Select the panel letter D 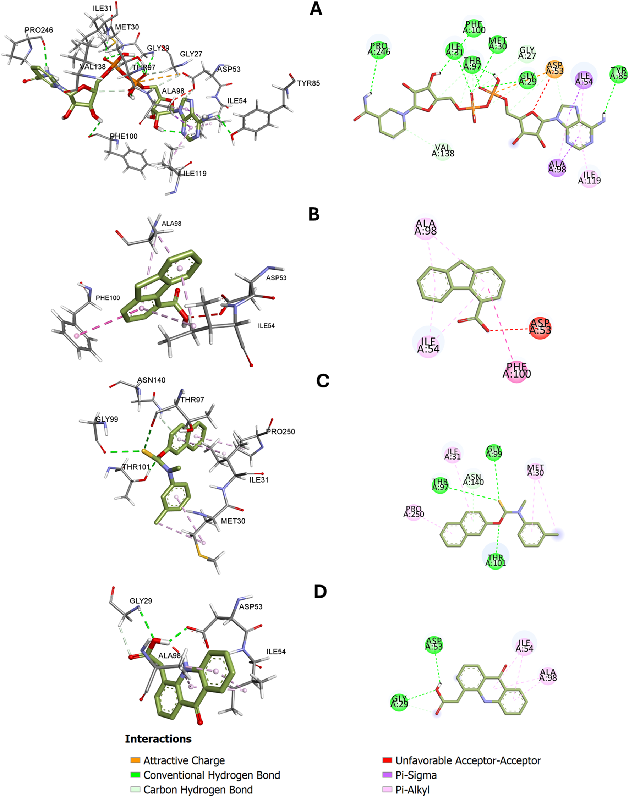pos(320,592)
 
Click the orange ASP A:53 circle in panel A pos(554,68)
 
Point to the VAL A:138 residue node pos(443,150)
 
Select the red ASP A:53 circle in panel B pos(540,327)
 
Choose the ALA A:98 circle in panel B pos(426,227)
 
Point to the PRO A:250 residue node pos(414,511)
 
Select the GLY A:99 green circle pos(494,452)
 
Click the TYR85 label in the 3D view pos(308,83)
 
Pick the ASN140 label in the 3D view pos(151,380)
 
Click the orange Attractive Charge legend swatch pos(135,760)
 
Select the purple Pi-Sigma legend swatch pos(387,775)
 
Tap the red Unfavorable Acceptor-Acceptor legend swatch pos(387,760)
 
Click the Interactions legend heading pos(158,739)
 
